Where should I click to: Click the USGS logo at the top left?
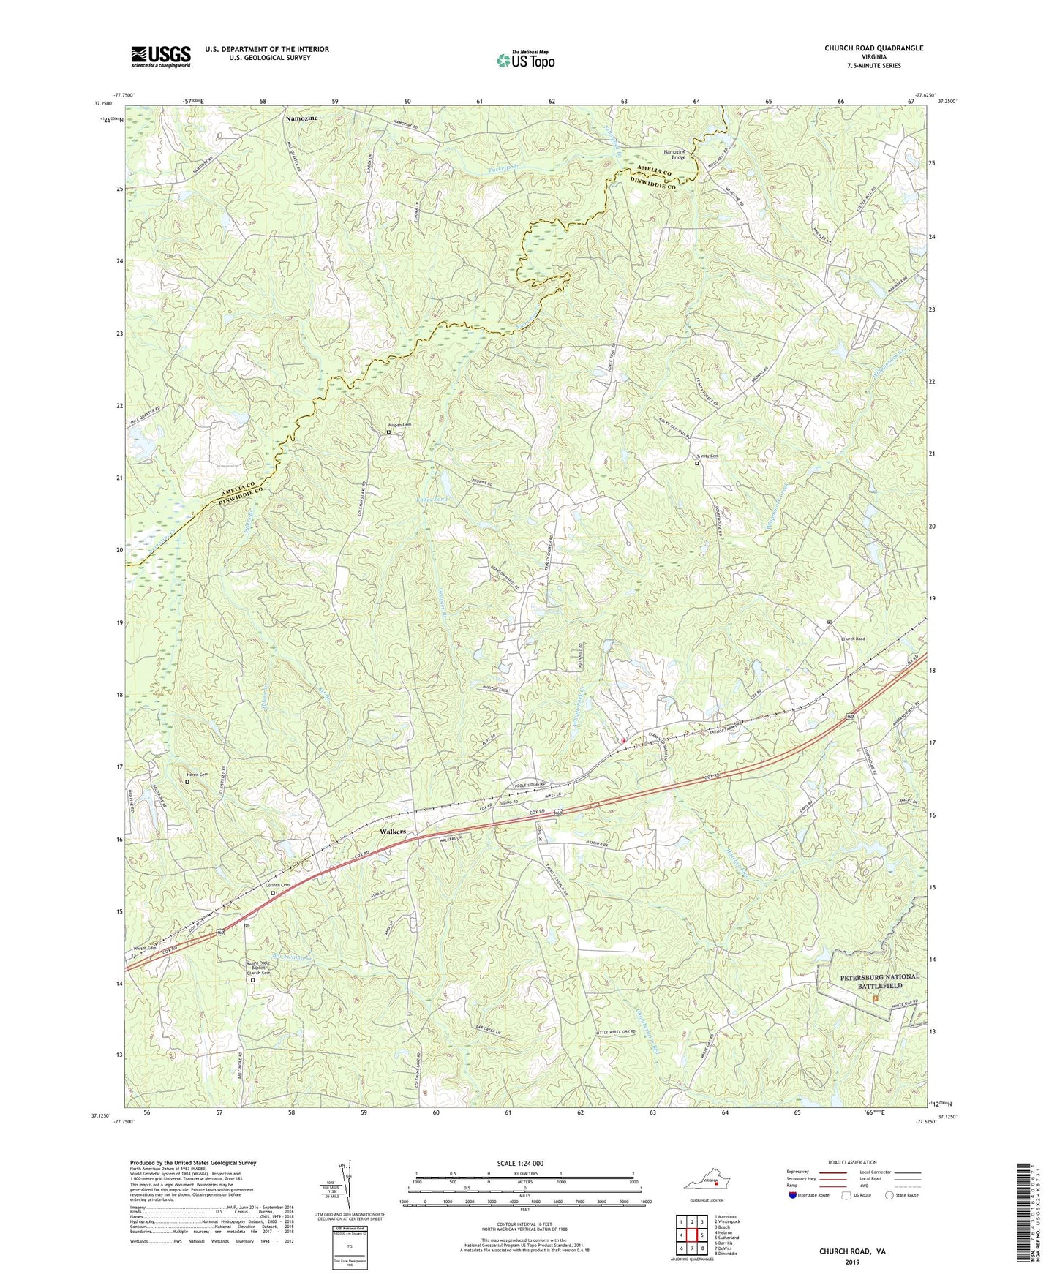161,56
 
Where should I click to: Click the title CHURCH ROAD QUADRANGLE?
873,48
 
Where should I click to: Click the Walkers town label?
393,832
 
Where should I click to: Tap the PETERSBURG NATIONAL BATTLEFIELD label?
869,981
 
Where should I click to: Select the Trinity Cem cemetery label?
707,456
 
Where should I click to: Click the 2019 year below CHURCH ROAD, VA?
852,1262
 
